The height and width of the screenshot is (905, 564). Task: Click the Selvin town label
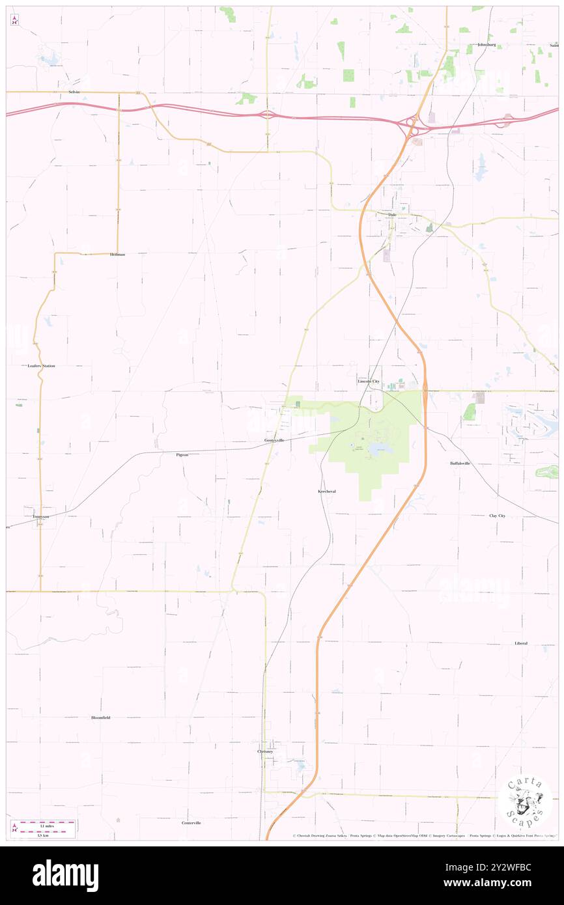[74, 92]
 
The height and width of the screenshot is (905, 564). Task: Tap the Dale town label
[392, 214]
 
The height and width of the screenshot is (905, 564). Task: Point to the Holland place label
[117, 254]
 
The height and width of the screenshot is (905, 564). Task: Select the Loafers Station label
[42, 366]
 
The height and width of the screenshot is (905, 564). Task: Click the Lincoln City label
[368, 380]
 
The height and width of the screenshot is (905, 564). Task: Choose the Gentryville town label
[274, 440]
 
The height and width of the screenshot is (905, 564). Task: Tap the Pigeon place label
[182, 454]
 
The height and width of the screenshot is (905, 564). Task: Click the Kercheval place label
[326, 491]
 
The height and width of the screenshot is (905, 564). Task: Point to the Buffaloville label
[460, 463]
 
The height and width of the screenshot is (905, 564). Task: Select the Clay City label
[497, 516]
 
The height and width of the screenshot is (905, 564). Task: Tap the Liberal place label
[520, 643]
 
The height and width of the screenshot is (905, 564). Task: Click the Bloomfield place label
[100, 717]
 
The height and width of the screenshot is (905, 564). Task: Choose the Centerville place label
[191, 823]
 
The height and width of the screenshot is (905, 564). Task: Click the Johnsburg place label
[486, 45]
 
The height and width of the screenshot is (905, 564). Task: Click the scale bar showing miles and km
[44, 828]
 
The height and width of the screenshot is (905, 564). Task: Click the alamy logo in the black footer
[65, 876]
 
